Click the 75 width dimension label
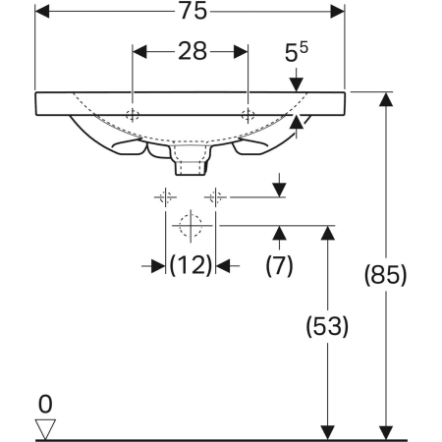193,11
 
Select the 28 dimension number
193,51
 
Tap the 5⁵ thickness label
297,52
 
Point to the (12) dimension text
191,265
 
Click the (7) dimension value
279,265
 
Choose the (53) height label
327,326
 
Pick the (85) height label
386,274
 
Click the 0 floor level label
45,405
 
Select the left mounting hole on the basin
133,115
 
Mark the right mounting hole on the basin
248,115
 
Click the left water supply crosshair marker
166,197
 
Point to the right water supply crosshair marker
215,197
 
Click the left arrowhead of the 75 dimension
42,12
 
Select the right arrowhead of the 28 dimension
241,52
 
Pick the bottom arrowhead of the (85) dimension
386,433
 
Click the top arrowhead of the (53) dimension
328,233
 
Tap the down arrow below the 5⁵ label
297,80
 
